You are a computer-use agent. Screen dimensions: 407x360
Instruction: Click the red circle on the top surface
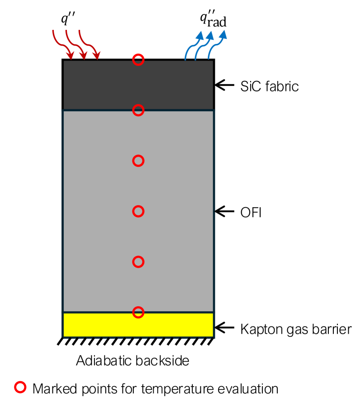(x=139, y=60)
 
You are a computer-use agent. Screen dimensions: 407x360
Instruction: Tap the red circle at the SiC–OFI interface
(x=139, y=110)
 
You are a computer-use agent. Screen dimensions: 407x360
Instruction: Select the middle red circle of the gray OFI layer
(x=139, y=211)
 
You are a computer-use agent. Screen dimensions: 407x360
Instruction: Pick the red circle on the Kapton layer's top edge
(x=139, y=312)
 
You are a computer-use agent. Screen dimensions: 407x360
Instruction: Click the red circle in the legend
(x=21, y=388)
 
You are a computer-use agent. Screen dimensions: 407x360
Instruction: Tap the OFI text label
(x=251, y=211)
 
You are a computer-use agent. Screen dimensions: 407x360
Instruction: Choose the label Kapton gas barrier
(x=296, y=329)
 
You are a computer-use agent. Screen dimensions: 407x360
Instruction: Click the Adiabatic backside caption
(x=132, y=361)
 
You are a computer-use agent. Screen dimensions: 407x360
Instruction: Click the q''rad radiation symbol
(x=213, y=19)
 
